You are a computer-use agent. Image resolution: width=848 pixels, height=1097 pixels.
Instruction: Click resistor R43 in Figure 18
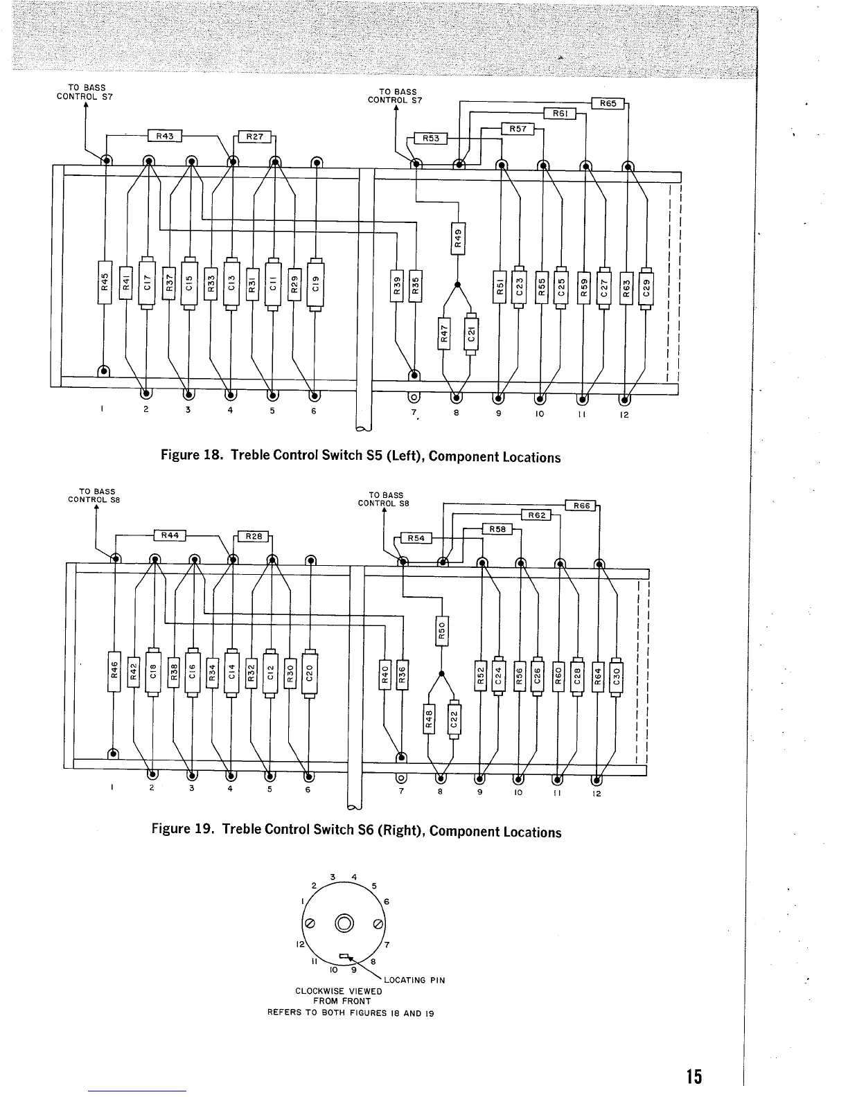[x=164, y=136]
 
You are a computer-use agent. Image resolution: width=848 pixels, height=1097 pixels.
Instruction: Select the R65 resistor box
[x=608, y=104]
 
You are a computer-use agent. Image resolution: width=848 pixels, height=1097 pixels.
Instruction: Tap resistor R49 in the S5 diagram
[x=457, y=238]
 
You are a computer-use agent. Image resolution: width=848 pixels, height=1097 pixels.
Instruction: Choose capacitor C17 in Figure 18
[x=147, y=283]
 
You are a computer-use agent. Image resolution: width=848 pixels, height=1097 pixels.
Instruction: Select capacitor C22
[x=454, y=720]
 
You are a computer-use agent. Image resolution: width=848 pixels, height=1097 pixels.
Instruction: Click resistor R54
[x=416, y=539]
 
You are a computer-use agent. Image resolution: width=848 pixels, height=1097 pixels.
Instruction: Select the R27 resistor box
[x=254, y=136]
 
